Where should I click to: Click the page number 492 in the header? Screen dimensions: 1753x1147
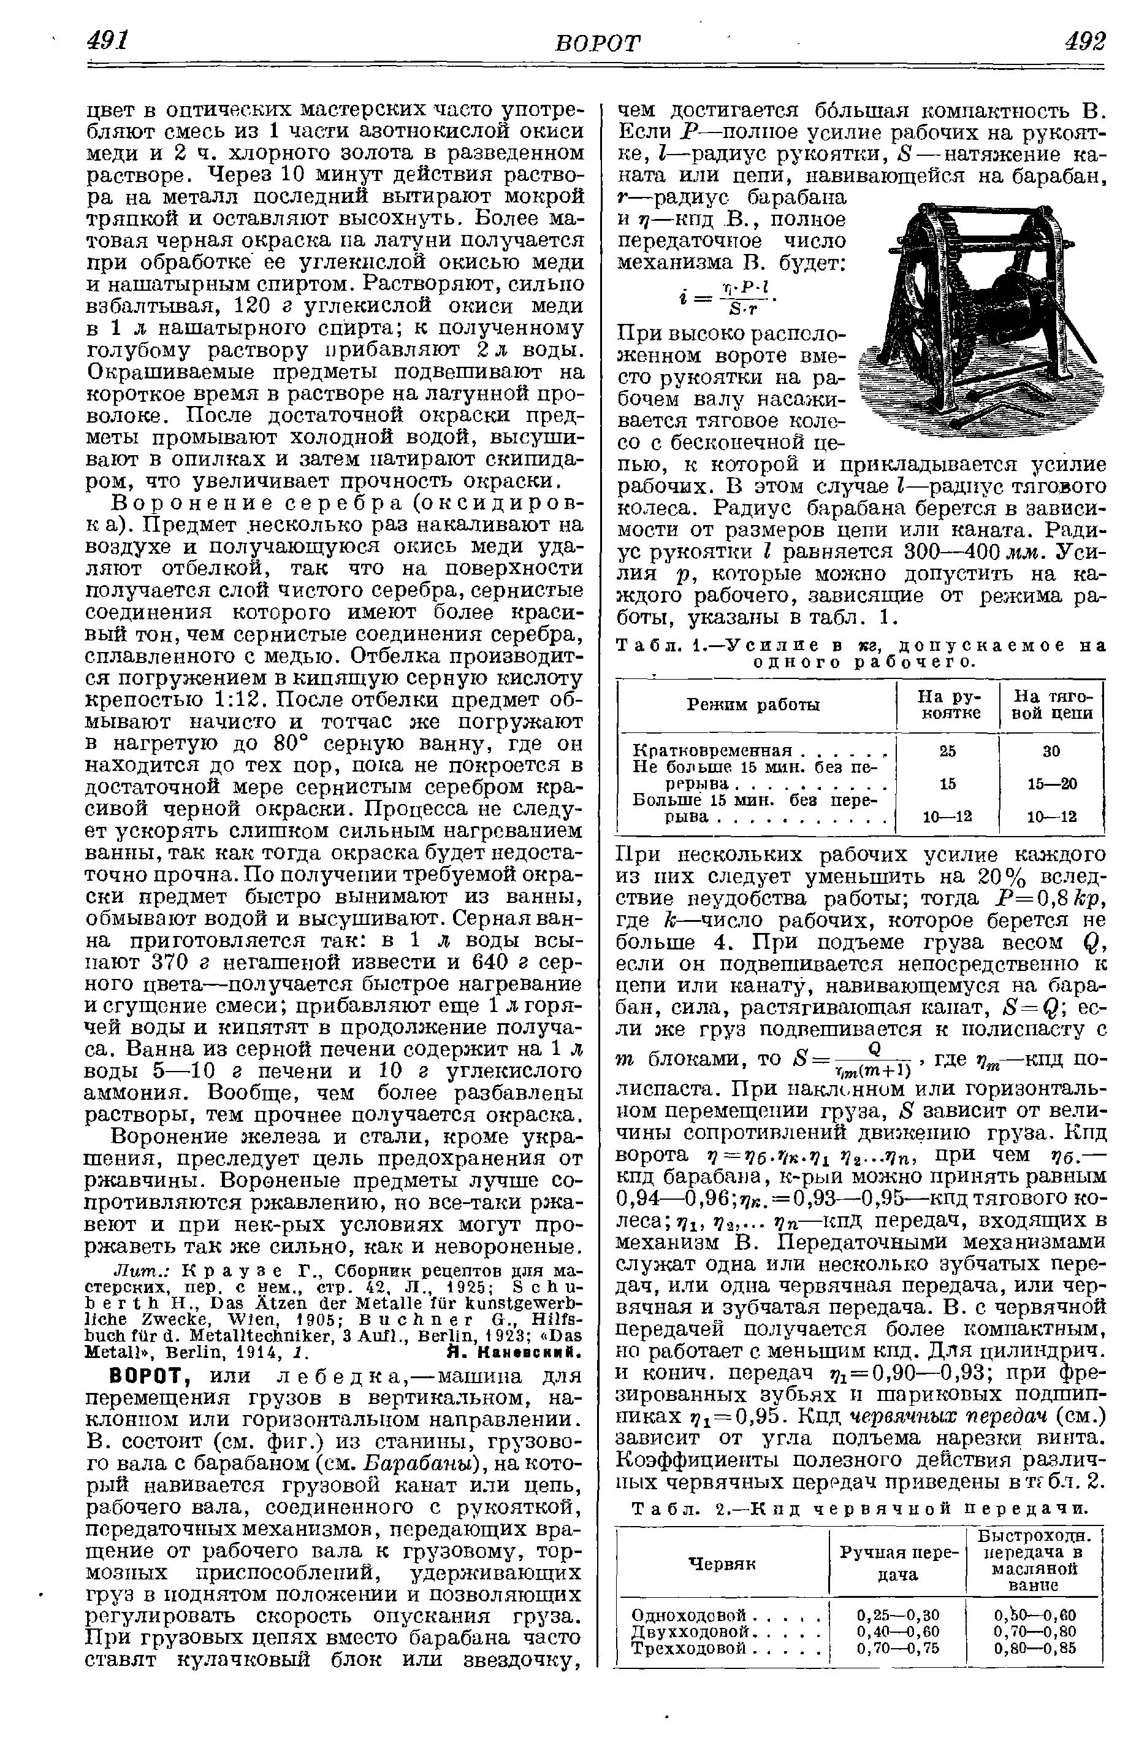1084,40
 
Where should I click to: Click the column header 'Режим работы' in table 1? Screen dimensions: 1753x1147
753,705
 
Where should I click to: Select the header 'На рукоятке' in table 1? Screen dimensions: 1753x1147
948,705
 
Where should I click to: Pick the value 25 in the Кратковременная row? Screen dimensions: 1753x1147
948,751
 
